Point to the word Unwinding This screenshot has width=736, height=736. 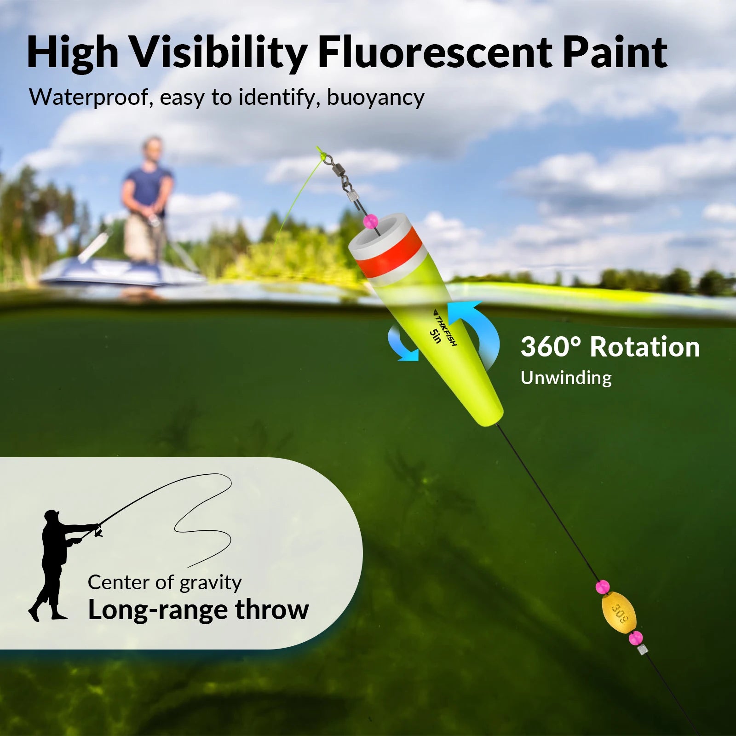click(x=566, y=378)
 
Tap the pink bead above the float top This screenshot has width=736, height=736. click(x=369, y=222)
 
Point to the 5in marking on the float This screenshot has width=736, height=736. click(x=435, y=336)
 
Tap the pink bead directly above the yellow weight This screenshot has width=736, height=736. click(x=602, y=587)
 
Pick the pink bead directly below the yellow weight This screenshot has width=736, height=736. click(x=636, y=638)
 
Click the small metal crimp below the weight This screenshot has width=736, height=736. click(x=642, y=650)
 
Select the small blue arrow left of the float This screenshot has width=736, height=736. click(x=402, y=343)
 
